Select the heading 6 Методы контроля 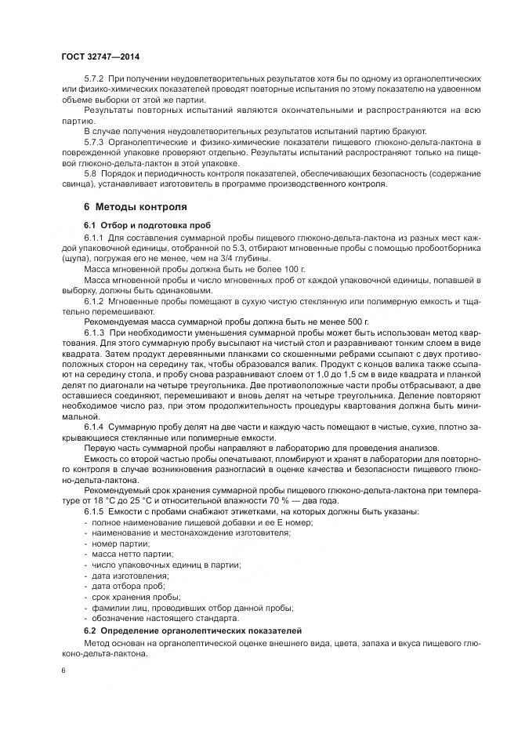[135, 208]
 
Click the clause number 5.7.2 [94, 80]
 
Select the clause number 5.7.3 [94, 141]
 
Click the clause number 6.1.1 [94, 237]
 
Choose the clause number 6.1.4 [94, 425]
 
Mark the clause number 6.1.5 [94, 511]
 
